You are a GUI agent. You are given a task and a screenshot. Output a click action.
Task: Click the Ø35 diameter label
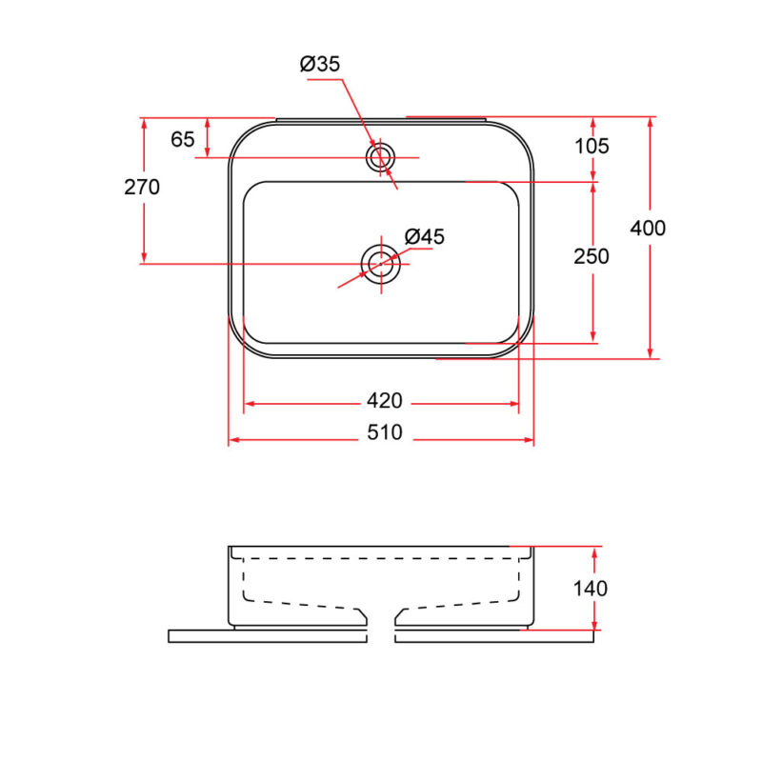point(320,64)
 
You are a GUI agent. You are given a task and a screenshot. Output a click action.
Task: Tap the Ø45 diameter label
point(424,236)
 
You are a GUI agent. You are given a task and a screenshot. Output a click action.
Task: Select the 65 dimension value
point(183,139)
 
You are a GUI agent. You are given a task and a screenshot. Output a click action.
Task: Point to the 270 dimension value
point(142,187)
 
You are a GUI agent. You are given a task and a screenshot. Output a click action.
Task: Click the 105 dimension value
point(592,146)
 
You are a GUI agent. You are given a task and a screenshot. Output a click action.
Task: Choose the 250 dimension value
point(592,256)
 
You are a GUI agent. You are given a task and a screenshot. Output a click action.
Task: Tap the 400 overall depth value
point(648,228)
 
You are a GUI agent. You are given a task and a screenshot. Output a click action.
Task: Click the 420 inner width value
point(385,401)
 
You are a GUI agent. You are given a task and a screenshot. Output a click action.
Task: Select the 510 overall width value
point(385,432)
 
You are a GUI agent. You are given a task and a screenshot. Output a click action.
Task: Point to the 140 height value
point(591,589)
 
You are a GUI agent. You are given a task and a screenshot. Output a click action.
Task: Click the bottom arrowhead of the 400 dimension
point(651,353)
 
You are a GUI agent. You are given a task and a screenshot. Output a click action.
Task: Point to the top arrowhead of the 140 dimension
point(593,552)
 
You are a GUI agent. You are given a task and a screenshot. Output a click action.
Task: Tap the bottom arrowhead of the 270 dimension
point(144,258)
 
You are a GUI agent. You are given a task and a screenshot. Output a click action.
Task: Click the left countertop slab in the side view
point(268,636)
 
